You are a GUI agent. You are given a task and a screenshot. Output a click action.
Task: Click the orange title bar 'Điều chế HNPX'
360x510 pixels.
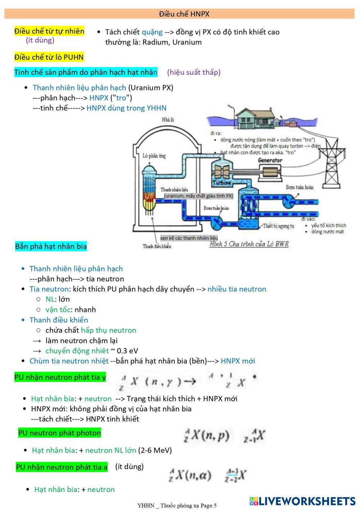point(179,14)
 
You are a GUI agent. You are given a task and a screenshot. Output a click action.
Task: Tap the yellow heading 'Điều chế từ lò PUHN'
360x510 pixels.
point(49,57)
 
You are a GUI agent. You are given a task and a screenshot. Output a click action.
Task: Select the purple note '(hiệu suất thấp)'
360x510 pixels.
point(194,72)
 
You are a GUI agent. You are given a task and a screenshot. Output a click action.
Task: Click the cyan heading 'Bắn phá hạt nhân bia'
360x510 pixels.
point(51,246)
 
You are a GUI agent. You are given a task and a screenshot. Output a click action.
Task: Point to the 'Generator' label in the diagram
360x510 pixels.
point(270,160)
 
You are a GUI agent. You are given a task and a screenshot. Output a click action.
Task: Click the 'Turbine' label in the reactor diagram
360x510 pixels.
point(222,183)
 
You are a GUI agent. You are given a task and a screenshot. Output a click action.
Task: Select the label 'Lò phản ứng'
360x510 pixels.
point(154,156)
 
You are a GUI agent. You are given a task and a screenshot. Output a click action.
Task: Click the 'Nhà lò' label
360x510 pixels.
point(168,119)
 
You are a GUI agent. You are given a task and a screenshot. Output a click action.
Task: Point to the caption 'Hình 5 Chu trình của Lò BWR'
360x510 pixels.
point(249,244)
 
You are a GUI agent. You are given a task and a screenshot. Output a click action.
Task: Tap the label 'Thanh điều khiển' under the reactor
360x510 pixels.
point(157,246)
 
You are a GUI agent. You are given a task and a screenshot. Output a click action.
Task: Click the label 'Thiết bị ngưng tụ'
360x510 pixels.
point(278,226)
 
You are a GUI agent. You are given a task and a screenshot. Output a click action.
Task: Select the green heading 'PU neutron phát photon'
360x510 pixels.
point(59,433)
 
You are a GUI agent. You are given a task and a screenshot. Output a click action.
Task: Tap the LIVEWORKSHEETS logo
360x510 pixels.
point(302,501)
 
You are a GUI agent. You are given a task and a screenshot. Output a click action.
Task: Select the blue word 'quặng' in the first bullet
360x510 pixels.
point(152,32)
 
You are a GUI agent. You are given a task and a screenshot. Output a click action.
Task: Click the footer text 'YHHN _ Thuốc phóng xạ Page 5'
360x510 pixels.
point(177,506)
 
